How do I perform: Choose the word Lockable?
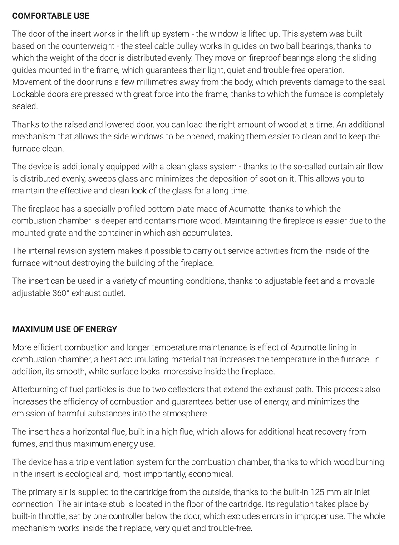pyautogui.click(x=28, y=95)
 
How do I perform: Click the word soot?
pyautogui.click(x=289, y=179)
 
